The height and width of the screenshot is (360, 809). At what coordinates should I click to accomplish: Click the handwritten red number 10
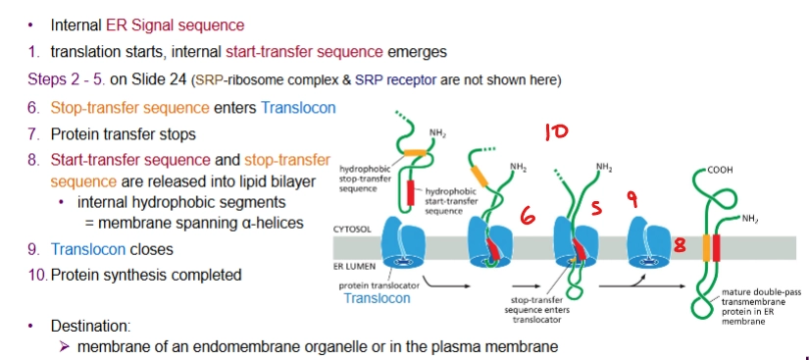[x=556, y=130]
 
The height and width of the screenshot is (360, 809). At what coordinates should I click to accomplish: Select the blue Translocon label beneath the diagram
[x=377, y=298]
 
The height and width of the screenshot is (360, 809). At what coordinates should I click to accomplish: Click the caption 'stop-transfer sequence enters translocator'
[x=536, y=311]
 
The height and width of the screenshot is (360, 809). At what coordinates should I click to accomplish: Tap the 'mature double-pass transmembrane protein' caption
[x=754, y=306]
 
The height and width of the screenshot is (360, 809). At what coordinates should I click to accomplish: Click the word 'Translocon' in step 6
[x=298, y=107]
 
